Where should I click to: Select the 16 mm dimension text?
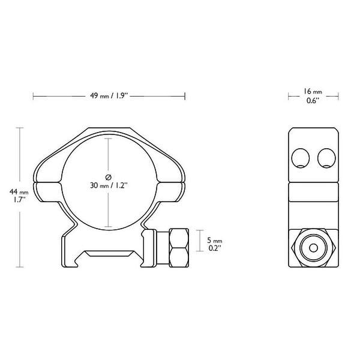[312, 92]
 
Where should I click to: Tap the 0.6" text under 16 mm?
[312, 101]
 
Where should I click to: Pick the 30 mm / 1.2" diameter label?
[109, 186]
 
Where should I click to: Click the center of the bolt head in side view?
[312, 247]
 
